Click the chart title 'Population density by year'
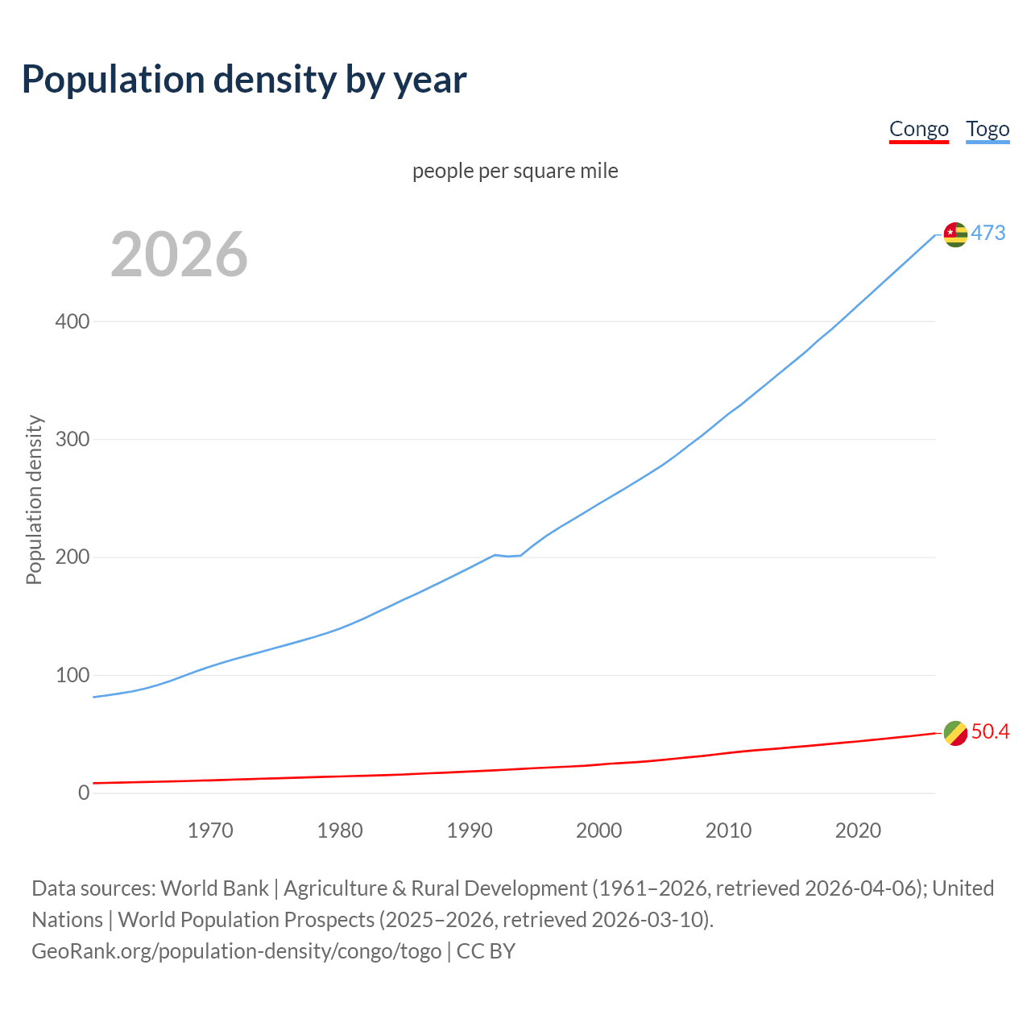tap(244, 80)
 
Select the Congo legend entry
tap(918, 130)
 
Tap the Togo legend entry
tap(988, 130)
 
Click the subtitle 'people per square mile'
tap(515, 172)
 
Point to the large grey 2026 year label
tap(179, 255)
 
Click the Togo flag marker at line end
tap(955, 234)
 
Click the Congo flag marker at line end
tap(955, 733)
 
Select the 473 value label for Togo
tap(988, 234)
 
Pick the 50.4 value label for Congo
tap(990, 732)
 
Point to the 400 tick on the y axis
tap(72, 322)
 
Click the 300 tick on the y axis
tap(72, 440)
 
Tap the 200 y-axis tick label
tap(72, 557)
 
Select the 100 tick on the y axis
tap(72, 676)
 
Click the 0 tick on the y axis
tap(84, 793)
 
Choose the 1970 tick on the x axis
tap(210, 830)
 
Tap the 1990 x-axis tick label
tap(470, 830)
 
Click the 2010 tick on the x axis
tap(728, 830)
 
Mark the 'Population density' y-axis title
tap(34, 499)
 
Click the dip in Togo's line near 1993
tap(508, 556)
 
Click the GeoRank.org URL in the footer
tap(236, 951)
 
